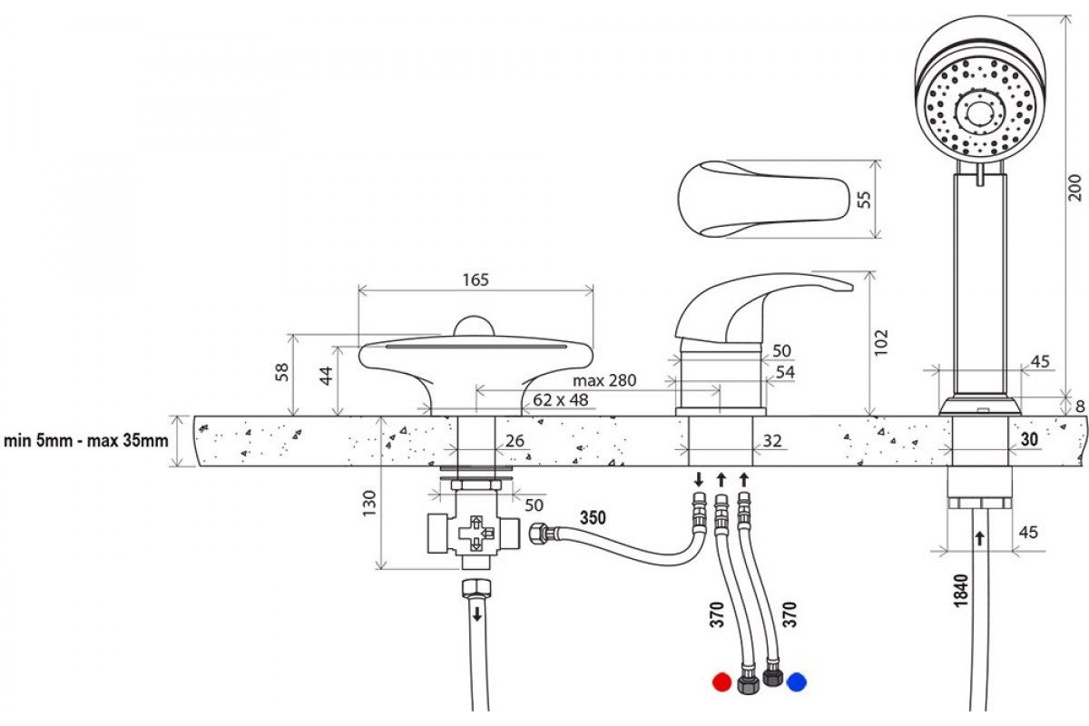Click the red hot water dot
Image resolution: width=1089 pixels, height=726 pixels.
721,682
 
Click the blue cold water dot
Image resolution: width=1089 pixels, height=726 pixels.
797,682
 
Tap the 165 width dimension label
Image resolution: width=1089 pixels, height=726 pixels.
475,280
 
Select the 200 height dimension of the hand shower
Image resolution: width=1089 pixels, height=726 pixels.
1075,187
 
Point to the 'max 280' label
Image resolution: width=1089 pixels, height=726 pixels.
604,380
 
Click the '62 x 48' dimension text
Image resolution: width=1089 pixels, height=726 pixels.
561,400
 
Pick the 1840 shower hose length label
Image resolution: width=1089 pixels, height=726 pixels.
961,591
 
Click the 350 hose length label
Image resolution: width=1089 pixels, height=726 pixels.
593,517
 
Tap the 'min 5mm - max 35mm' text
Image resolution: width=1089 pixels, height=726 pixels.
86,440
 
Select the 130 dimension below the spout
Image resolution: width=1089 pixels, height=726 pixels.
369,504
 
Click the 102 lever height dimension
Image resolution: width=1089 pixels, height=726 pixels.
880,343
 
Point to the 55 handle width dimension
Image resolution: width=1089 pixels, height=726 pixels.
864,200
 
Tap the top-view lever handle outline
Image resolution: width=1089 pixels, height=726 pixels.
763,199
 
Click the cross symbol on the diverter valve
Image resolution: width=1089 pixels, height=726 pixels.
476,534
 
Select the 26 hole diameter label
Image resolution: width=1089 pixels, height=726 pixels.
515,440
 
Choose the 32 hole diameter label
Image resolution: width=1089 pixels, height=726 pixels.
772,440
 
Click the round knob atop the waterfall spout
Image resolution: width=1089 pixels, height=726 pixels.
474,325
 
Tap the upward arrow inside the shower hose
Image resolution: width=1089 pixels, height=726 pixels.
979,538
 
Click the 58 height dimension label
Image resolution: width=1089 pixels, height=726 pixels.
282,372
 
